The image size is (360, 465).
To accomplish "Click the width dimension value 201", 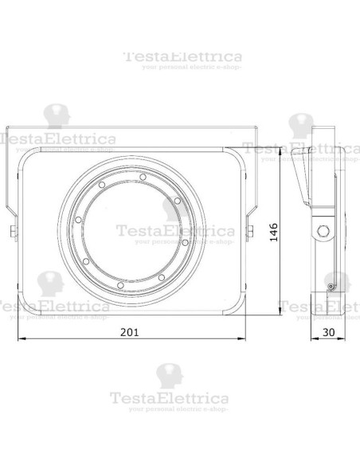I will coord(131,332).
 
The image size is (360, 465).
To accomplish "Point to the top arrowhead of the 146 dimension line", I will coord(280,155).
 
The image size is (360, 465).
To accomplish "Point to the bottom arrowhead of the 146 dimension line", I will coord(280,313).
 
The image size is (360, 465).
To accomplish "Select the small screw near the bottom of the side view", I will coord(329,284).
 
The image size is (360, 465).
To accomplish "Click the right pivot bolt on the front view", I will coord(251,232).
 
